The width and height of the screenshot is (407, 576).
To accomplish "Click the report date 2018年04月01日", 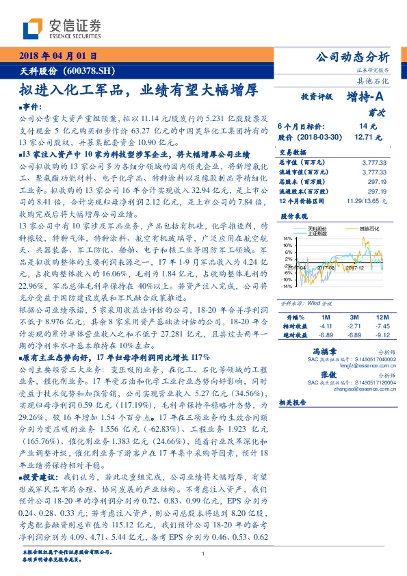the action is pyautogui.click(x=57, y=55).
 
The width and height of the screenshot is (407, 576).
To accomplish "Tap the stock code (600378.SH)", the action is pyautogui.click(x=94, y=70).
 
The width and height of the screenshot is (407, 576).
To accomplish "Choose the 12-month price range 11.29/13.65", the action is pyautogui.click(x=369, y=202).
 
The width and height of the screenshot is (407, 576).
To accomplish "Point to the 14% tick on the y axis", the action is pyautogui.click(x=287, y=238).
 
